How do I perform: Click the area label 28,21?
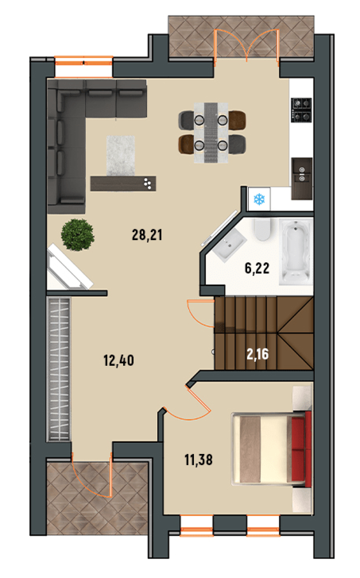[x=147, y=235]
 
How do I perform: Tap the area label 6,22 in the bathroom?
[x=257, y=268]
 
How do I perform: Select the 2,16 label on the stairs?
[x=258, y=354]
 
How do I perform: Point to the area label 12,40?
[x=119, y=360]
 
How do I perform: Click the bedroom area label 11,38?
[x=199, y=460]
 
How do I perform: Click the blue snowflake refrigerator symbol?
[x=259, y=199]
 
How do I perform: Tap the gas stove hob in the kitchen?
[x=301, y=110]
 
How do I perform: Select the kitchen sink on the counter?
[x=302, y=179]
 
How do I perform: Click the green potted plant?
[x=77, y=235]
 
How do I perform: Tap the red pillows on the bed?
[x=301, y=449]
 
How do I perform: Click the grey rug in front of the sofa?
[x=121, y=156]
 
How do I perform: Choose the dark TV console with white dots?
[x=123, y=183]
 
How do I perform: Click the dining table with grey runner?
[x=211, y=133]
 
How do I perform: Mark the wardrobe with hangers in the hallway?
[x=59, y=369]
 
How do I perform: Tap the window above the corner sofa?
[x=84, y=67]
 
